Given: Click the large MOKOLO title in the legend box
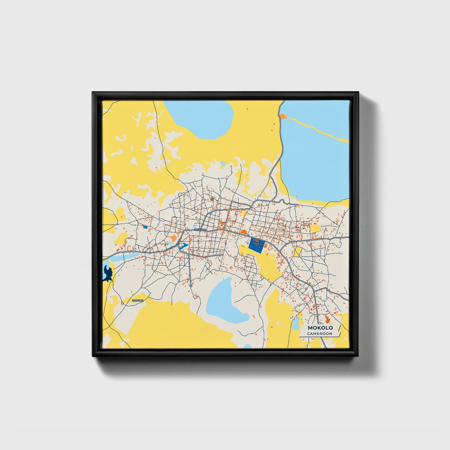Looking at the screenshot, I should [320, 328].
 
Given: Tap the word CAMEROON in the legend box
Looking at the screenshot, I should [320, 334].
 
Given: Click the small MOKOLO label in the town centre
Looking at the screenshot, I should [200, 230].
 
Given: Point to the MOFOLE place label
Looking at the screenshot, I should [137, 301].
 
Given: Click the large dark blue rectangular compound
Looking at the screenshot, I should [257, 245].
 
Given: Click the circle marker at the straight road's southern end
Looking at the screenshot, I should [191, 286].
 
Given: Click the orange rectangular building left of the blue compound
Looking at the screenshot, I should [243, 232].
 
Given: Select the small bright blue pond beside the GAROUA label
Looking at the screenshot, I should [183, 246].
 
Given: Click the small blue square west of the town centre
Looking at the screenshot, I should [145, 227].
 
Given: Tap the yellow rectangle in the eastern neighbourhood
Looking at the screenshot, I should [315, 228].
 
